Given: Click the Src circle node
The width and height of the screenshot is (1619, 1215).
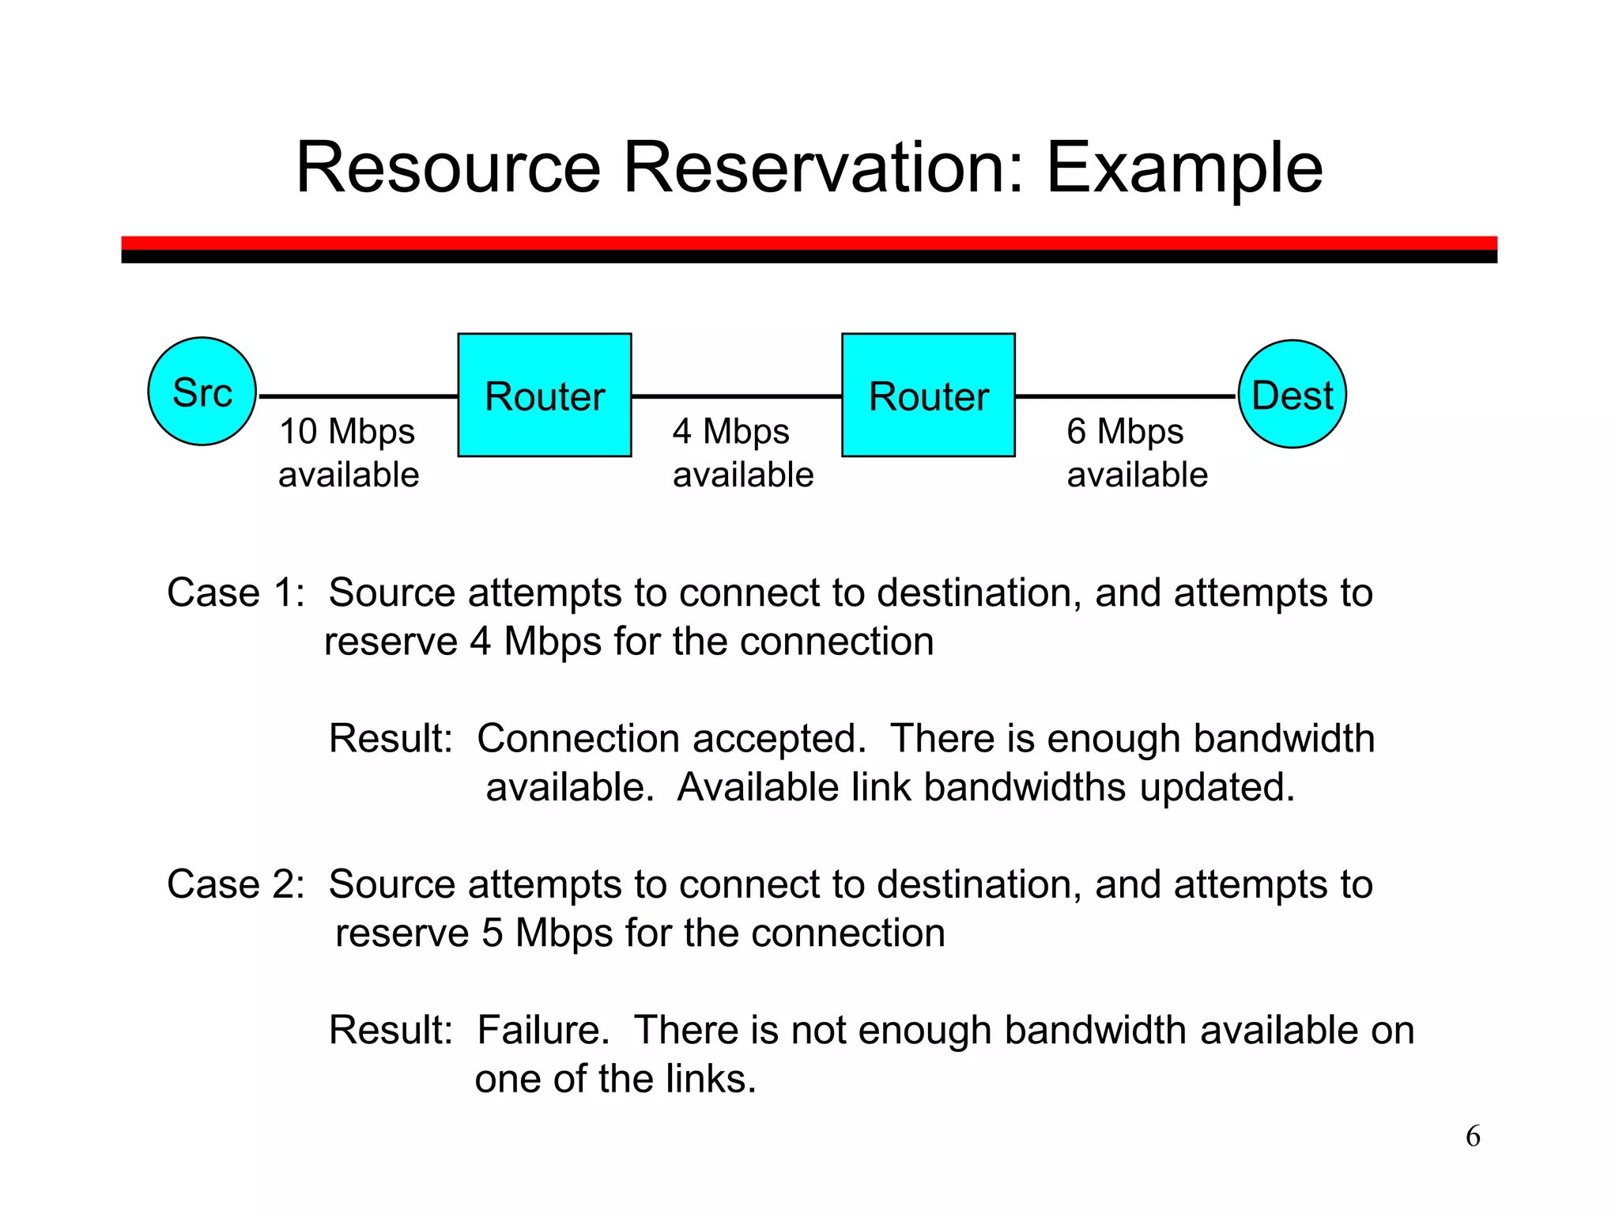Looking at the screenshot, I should point(202,392).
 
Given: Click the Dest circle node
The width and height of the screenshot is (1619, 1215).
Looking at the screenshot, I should point(1292,394).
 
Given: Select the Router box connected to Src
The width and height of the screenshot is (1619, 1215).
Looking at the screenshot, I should point(545,395).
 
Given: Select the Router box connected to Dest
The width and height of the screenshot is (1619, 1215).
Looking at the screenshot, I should point(928,395).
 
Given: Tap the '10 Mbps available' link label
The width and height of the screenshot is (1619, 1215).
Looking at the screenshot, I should point(349,453).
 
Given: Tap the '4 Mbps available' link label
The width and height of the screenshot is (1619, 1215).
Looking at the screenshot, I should point(742,453).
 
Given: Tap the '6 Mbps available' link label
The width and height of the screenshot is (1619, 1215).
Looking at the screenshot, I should point(1137,453).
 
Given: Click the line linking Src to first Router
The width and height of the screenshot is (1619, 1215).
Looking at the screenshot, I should point(357,396).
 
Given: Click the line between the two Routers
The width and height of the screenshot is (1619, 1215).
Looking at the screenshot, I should point(736,396).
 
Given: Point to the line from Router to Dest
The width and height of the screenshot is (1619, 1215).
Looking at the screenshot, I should point(1124,396).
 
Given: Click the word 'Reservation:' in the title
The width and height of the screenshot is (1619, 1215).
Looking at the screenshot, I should point(824,168).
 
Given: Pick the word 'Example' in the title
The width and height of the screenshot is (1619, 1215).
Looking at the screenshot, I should point(1184,169).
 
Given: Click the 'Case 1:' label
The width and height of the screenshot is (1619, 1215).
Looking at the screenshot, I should point(236,592).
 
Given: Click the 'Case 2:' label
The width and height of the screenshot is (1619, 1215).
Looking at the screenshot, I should point(236,884).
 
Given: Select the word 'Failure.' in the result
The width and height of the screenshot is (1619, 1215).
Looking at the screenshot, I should point(543,1030).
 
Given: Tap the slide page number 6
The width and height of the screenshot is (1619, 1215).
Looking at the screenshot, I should point(1473,1136).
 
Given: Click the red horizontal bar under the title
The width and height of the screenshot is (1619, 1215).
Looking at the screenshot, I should point(809,243).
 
